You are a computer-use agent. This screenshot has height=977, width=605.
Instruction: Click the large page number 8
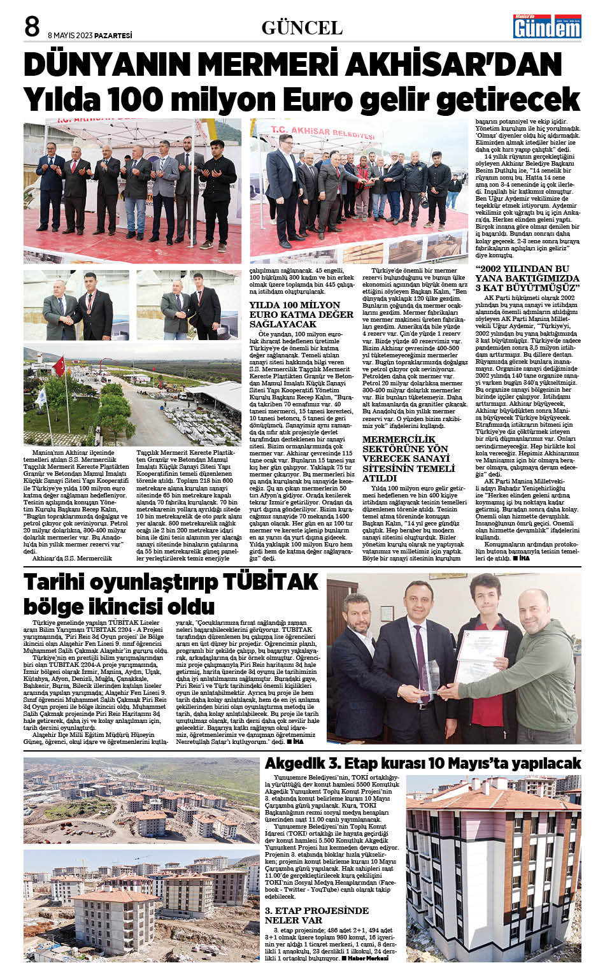coord(32,27)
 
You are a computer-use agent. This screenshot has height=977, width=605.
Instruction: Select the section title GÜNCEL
coord(302,27)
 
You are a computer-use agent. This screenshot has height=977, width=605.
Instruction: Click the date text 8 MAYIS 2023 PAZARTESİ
coord(90,36)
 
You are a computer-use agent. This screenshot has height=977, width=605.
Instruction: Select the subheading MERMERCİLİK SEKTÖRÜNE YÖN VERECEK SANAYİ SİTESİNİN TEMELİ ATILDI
coord(409,459)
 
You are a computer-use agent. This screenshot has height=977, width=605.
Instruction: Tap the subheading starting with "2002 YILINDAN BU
coord(527,278)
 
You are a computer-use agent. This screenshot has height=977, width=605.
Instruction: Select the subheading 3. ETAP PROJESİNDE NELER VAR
coord(317,915)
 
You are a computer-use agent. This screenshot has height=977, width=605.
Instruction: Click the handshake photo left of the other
coord(76,305)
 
